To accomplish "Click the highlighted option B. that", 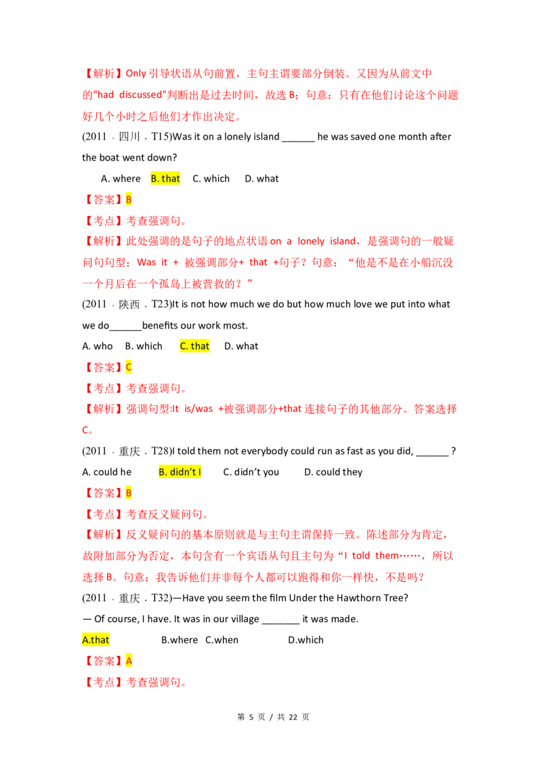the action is pos(165,179).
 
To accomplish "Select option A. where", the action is pos(121,179).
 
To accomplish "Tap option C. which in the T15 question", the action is pos(211,179).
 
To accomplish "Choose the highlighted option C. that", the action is pos(194,346).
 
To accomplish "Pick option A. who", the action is pos(98,346).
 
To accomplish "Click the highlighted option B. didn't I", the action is pos(180,472).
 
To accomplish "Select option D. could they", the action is pos(333,472).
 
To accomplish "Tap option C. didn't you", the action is pos(251,472).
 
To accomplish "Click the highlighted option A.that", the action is pos(96,640).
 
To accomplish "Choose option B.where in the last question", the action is pos(180,640).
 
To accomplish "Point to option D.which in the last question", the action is pos(306,640).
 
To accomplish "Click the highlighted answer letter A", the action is pos(129,661).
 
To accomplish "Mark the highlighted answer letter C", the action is pos(129,367).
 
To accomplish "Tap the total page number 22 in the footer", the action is pos(293,717).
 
